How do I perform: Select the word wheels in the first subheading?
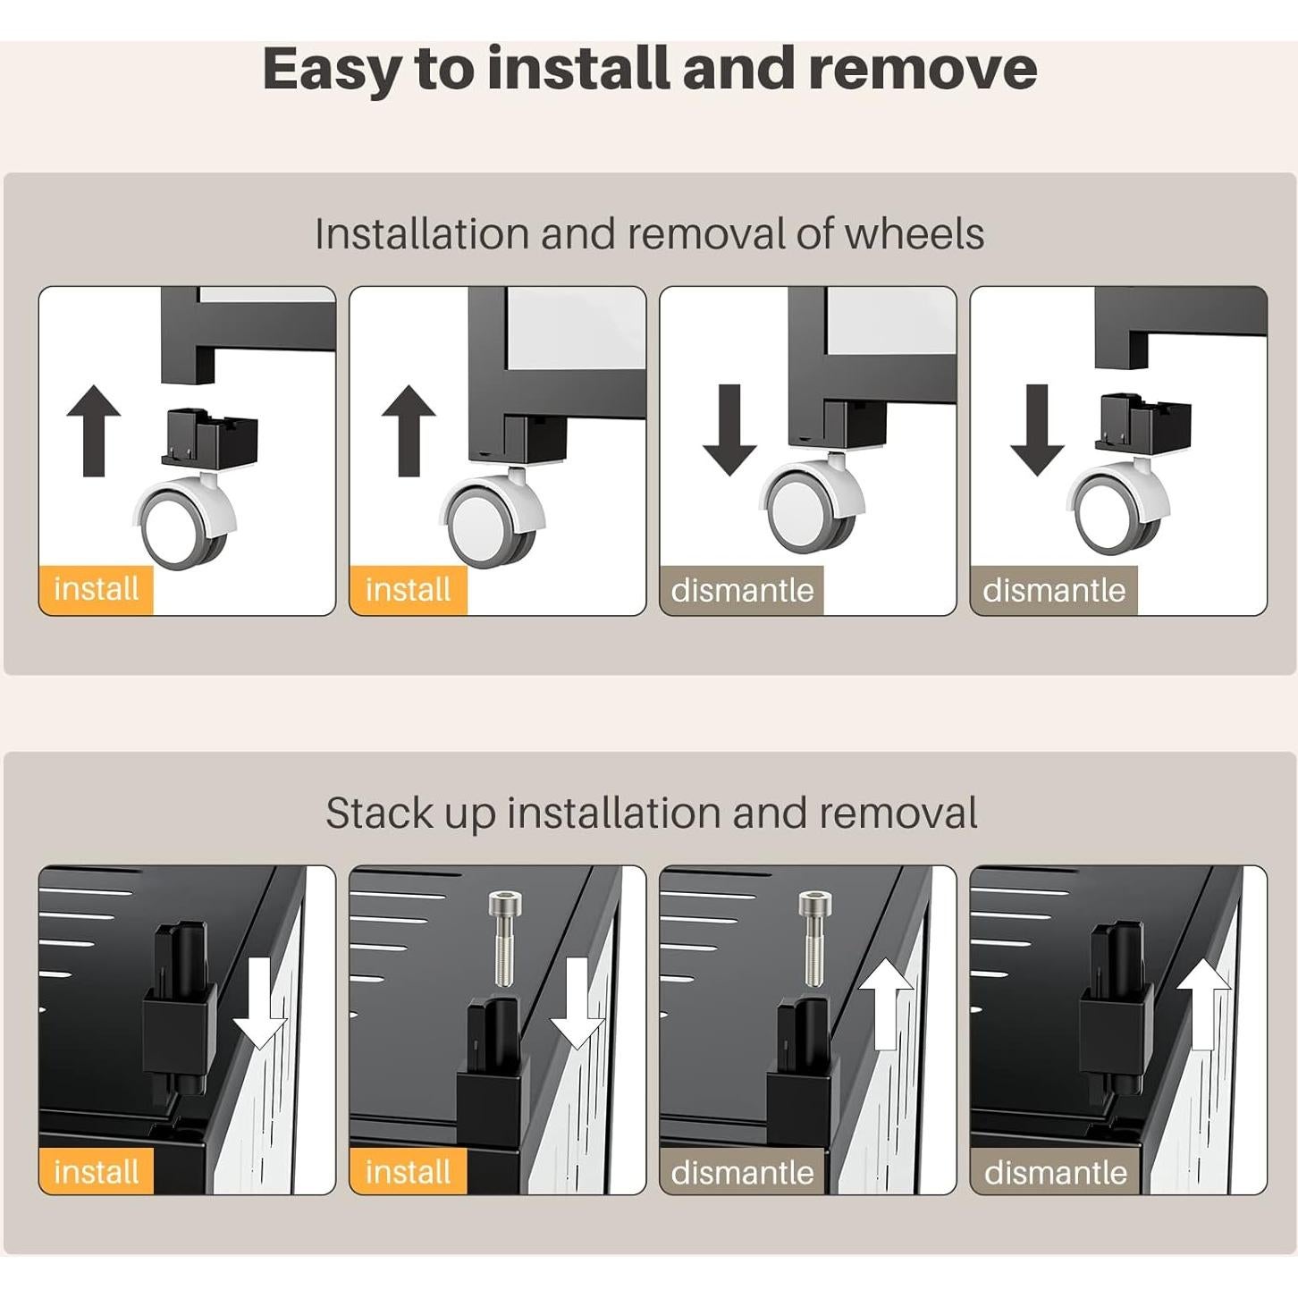[x=914, y=233]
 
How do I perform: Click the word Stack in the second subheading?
[x=379, y=813]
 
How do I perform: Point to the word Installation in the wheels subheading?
[x=422, y=233]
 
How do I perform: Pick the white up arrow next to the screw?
[x=887, y=1004]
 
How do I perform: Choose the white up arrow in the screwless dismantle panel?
[x=1204, y=1004]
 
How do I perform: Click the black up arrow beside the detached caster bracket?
[x=94, y=431]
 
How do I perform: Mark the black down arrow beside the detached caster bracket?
[x=1037, y=430]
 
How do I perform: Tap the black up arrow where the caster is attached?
[x=409, y=431]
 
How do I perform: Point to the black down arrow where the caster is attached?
[x=729, y=430]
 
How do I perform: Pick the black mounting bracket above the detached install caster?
[x=209, y=436]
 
